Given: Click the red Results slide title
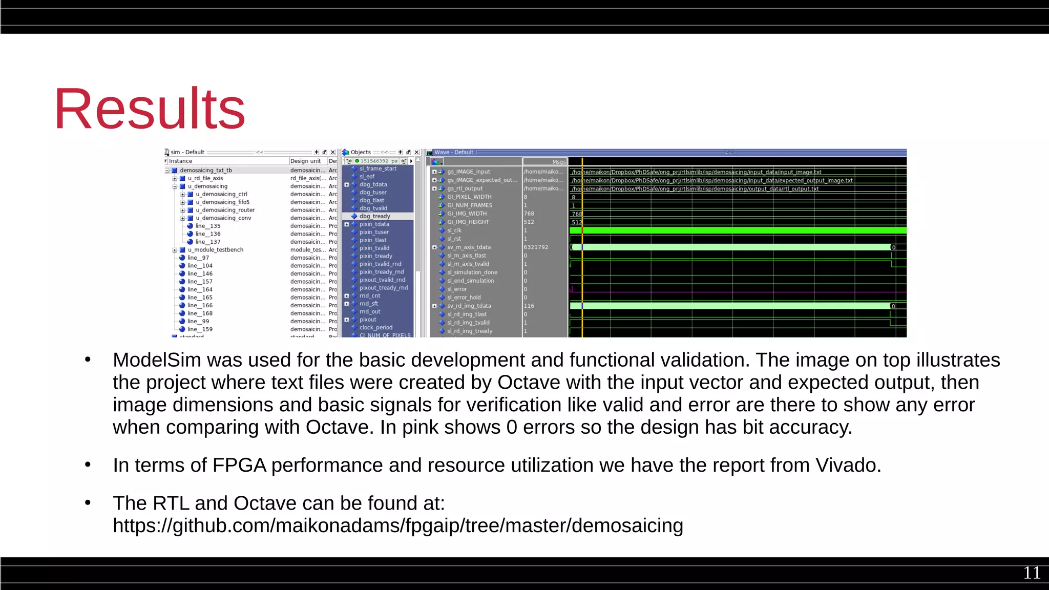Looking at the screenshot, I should tap(150, 109).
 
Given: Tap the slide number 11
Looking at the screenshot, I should tap(1032, 573).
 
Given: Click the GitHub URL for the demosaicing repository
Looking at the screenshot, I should tap(397, 526).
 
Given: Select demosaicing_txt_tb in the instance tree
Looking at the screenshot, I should tap(205, 171).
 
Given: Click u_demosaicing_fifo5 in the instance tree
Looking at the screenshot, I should tap(222, 202).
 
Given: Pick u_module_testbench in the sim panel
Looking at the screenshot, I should tap(215, 250).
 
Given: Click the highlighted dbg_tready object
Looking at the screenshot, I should tap(374, 216).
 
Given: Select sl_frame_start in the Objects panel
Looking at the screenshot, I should tap(377, 168).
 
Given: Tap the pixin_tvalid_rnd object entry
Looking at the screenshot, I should tap(380, 264).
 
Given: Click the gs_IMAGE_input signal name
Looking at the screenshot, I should tap(468, 172).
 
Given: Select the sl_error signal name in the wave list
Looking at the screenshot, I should tap(456, 289).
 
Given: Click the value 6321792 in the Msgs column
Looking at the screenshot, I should tap(536, 247).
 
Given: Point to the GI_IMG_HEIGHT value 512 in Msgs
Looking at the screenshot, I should tap(529, 222).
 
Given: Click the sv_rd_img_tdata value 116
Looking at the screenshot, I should tap(529, 306).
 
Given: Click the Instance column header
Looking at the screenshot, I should tap(180, 161).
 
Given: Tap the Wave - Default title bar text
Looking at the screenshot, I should tap(454, 152).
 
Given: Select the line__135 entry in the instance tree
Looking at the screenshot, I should tap(207, 226).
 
